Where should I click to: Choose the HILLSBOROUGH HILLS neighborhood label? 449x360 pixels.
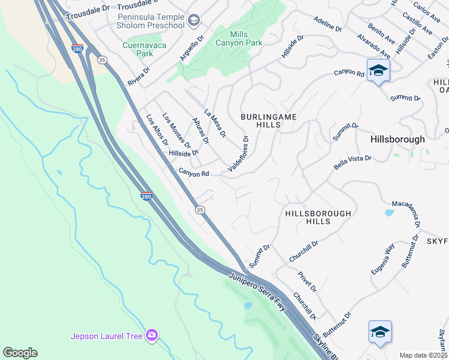pos(318,217)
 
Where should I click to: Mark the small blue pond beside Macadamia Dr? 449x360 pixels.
pos(389,212)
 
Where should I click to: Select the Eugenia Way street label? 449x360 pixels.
pos(382,259)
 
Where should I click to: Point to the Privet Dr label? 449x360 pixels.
pos(306,281)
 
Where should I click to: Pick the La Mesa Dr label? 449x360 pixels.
pos(215,123)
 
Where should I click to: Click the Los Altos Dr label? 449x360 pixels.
pos(157,130)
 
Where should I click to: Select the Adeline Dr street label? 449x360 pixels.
pos(327,25)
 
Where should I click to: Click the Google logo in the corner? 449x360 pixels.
pos(20,352)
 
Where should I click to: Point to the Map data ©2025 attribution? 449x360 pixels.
pos(423,355)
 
